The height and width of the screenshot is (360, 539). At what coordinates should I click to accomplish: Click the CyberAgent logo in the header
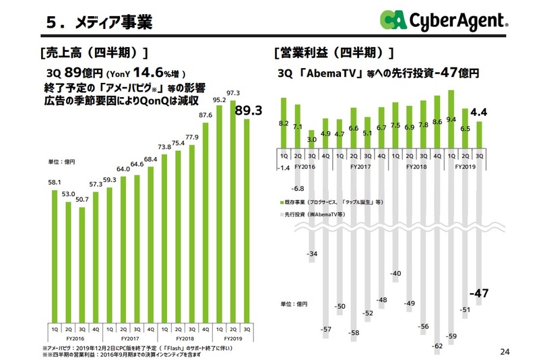click(445, 21)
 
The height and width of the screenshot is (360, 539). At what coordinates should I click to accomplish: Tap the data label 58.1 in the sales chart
click(55, 183)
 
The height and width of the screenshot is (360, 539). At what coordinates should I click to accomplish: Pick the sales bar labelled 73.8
click(165, 236)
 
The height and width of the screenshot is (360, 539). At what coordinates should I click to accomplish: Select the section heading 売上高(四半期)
click(94, 53)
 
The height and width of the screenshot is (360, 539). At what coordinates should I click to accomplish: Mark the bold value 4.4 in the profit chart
click(479, 112)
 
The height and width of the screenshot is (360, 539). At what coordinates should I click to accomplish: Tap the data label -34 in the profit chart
click(311, 254)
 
